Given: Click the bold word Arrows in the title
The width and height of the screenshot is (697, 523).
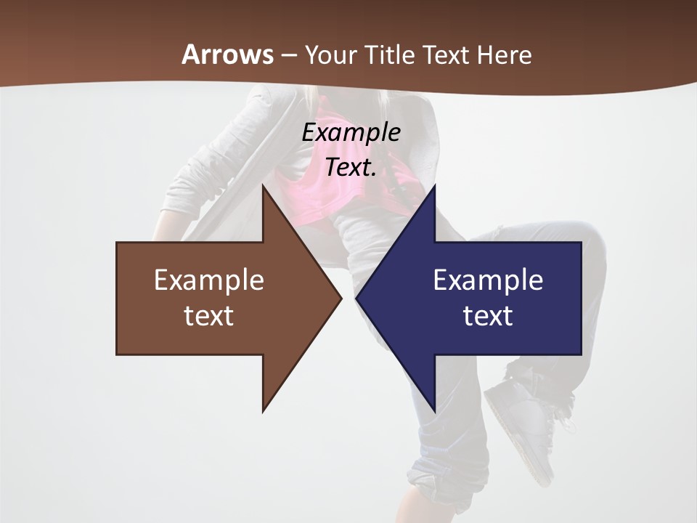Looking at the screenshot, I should click(227, 54).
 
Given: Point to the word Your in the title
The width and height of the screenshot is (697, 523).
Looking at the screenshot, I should click(331, 54).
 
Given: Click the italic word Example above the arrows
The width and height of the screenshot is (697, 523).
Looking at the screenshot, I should click(351, 132).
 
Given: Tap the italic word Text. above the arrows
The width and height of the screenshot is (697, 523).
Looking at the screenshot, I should click(351, 167).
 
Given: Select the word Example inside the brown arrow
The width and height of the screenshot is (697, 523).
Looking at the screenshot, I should click(209, 280).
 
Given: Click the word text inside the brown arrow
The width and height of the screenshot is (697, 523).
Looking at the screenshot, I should click(209, 316).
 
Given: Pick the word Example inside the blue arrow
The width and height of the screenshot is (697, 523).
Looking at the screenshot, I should click(488, 280).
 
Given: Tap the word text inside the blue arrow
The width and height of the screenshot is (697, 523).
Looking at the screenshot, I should click(488, 316).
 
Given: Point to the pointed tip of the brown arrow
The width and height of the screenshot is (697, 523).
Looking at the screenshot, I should click(340, 298).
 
